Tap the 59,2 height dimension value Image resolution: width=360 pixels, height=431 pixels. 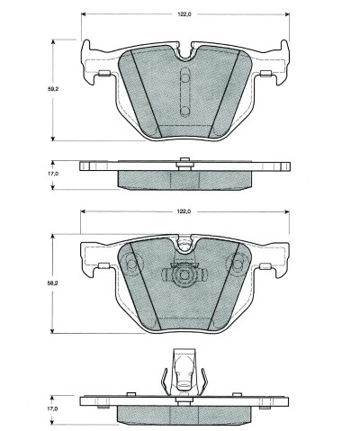click(55, 89)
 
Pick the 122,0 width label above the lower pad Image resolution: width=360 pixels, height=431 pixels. click(184, 211)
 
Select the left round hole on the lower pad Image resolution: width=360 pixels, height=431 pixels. click(132, 265)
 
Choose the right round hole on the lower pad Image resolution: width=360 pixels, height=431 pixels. click(238, 265)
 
